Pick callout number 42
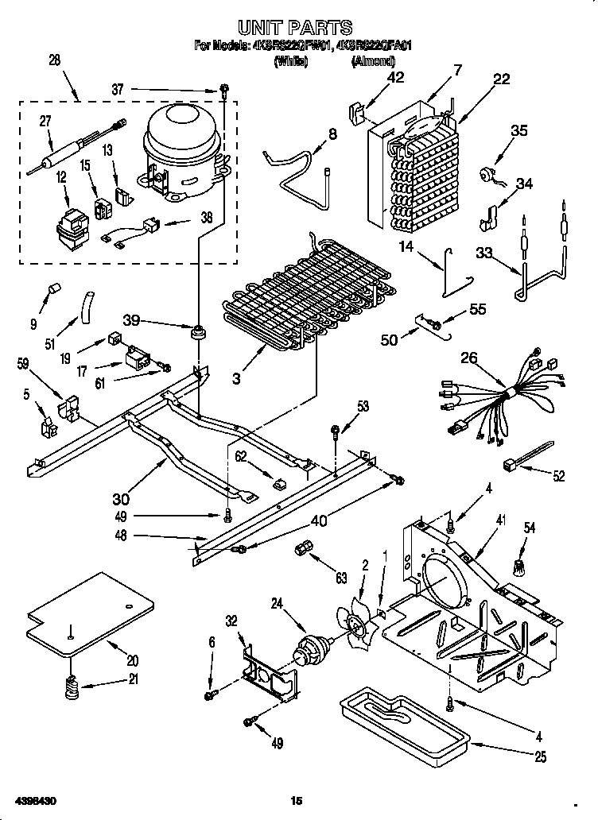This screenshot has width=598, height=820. (x=394, y=77)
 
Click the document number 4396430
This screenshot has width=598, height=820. (x=33, y=799)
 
